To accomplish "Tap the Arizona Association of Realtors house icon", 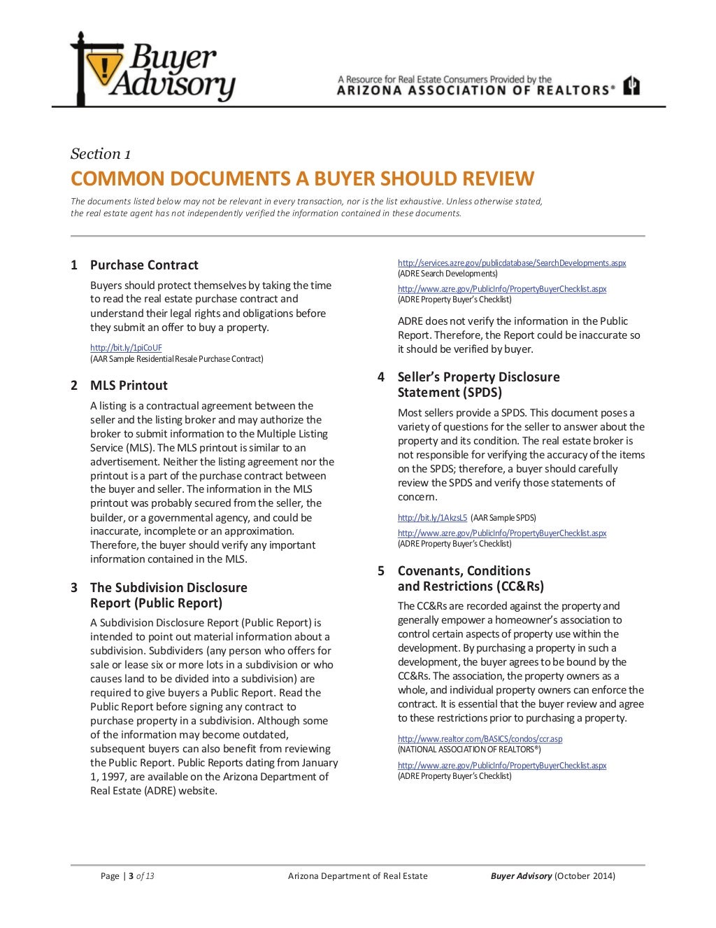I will [x=632, y=85].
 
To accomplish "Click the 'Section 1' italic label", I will [x=101, y=154].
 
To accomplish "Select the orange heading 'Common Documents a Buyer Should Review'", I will [x=302, y=179].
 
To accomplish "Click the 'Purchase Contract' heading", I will [x=144, y=265].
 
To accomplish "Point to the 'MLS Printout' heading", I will [x=129, y=386].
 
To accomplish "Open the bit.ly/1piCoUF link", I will [x=126, y=348].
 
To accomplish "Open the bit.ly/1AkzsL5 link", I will [x=432, y=518].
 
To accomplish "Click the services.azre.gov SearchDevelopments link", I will [x=512, y=263].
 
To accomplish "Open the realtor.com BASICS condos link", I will [x=480, y=739].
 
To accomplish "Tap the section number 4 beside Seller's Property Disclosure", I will [x=381, y=377].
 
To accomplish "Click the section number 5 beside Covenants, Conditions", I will [x=381, y=571].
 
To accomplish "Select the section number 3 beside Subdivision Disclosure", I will [x=74, y=588].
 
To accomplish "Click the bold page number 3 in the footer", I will [x=131, y=876].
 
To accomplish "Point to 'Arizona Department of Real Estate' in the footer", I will [x=357, y=876].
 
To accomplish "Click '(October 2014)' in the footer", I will [x=585, y=876].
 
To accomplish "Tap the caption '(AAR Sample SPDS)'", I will [x=503, y=518].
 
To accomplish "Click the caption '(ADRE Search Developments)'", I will [x=447, y=274].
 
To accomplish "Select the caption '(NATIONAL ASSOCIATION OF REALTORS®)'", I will [x=469, y=750].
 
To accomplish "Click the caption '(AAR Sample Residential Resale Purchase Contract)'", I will [x=177, y=359].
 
